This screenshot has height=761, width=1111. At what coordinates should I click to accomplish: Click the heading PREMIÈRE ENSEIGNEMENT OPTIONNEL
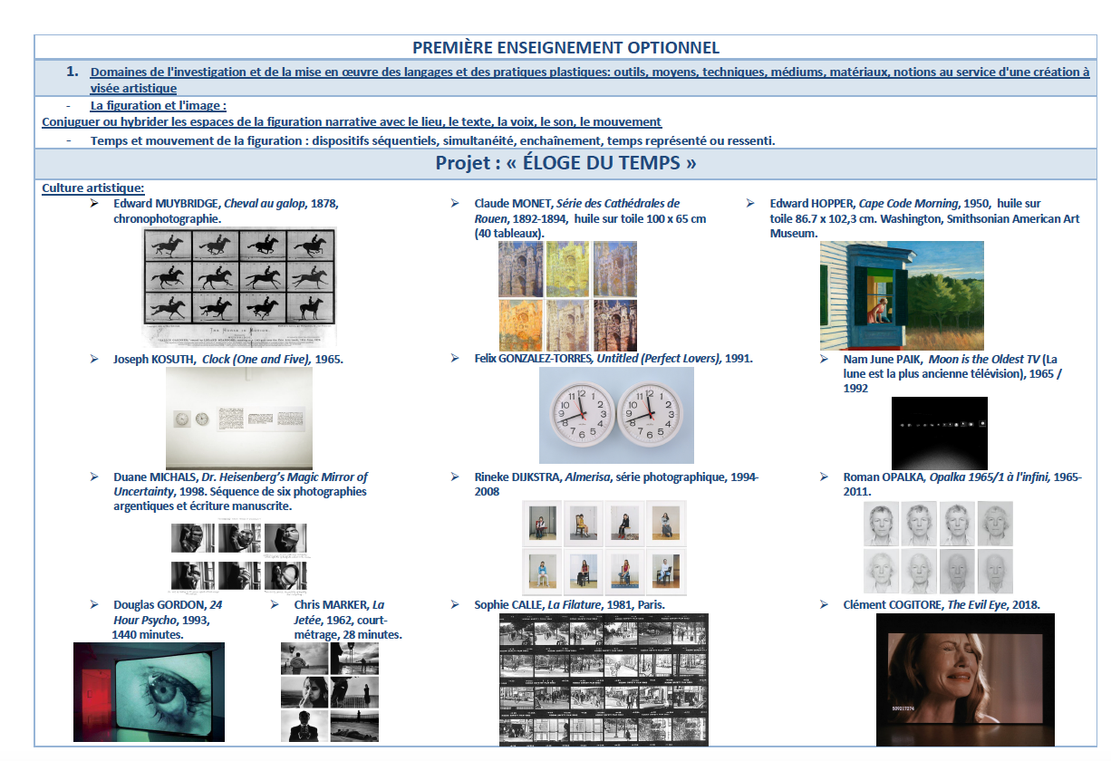coord(565,48)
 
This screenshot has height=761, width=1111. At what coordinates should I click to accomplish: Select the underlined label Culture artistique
coord(92,188)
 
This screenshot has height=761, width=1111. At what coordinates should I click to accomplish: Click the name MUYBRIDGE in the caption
coord(187,203)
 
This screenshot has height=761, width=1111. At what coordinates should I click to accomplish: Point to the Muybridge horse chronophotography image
coord(239,286)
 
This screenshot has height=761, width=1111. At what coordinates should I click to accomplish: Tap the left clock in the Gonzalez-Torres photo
coord(583,413)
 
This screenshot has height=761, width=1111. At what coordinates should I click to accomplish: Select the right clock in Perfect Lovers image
coord(650,413)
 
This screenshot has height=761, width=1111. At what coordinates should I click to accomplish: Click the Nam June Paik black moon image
coord(940,433)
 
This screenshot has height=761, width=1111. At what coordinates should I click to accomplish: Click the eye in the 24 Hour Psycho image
coord(165,691)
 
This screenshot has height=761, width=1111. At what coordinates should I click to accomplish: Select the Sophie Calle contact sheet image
coord(604,679)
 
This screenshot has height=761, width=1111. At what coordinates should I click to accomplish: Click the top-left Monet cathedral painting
coord(520,269)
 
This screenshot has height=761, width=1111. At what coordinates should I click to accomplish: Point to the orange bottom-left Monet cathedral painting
coord(520,325)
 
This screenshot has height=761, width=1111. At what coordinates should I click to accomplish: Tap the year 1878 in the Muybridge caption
coord(324,203)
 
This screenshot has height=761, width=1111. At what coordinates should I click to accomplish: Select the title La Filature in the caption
coord(575,605)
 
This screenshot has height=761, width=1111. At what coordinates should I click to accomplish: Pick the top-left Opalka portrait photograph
coord(881,524)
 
